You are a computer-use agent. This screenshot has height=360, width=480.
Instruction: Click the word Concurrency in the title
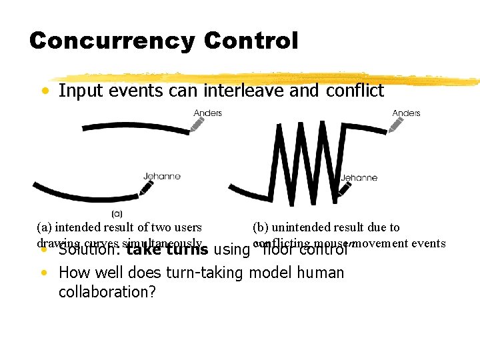coord(112,41)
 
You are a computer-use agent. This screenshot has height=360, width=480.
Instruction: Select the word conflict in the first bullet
coord(355,91)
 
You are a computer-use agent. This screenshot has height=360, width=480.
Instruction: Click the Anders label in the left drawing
coord(207,113)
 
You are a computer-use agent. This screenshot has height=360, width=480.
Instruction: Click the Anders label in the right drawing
coord(406,113)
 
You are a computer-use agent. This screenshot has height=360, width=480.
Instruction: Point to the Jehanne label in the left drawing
coord(162,176)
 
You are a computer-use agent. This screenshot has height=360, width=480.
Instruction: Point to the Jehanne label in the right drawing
coord(359,177)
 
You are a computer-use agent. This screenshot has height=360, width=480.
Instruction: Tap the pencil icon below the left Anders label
coord(198,125)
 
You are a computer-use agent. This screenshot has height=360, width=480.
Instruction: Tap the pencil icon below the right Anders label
coord(397,125)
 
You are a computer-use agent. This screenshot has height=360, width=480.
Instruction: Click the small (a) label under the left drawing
coord(117,214)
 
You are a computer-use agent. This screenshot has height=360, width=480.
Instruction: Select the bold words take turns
coord(167,251)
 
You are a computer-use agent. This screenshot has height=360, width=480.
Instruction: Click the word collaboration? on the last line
coord(107,292)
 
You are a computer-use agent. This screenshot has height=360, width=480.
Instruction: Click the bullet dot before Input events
coord(43,91)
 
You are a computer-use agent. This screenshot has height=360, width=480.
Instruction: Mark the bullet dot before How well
coord(43,273)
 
